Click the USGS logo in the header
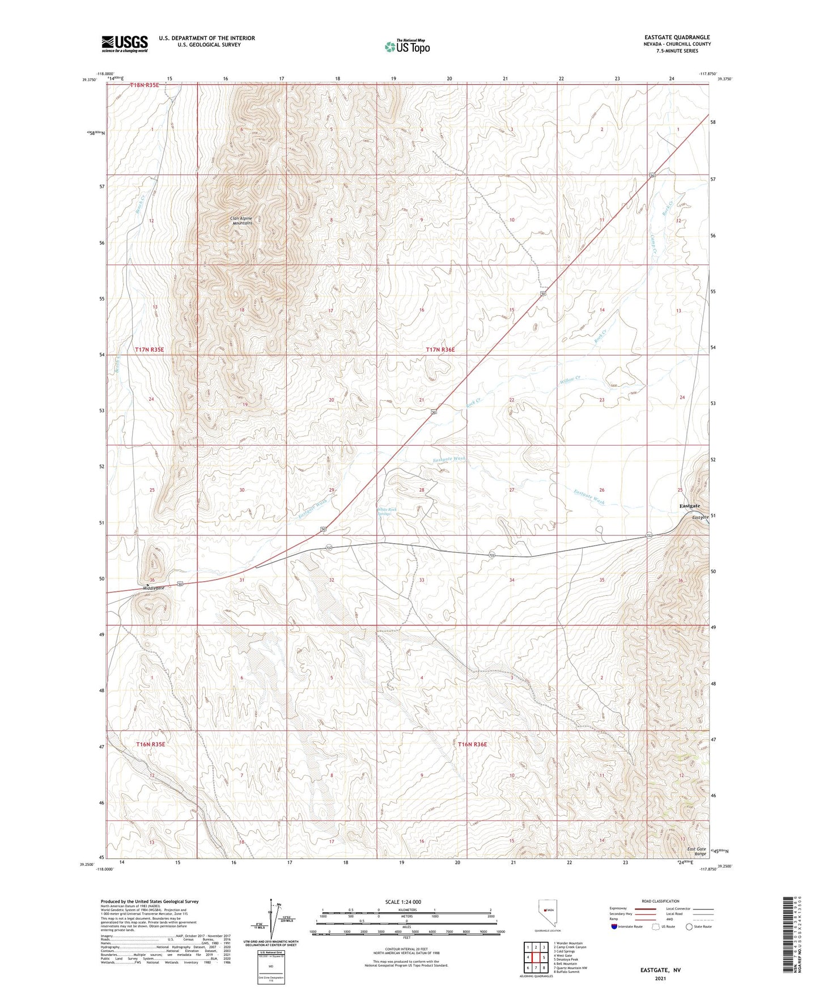tap(125, 44)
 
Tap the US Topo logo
tap(406, 46)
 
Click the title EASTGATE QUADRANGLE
tap(677, 37)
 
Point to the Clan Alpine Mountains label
tap(241, 221)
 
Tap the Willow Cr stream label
tap(570, 379)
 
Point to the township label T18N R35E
tap(145, 85)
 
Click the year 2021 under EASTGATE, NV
tap(659, 978)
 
